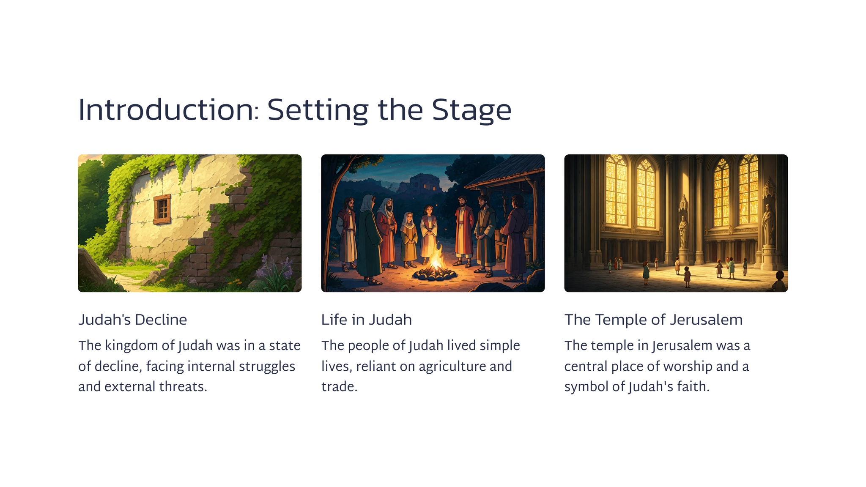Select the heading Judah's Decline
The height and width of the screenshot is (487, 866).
point(133,320)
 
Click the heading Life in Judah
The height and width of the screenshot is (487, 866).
point(366,320)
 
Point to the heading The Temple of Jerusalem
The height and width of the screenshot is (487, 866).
point(653,320)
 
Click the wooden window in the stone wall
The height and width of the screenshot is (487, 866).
point(162,209)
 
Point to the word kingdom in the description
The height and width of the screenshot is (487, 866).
point(131,346)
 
